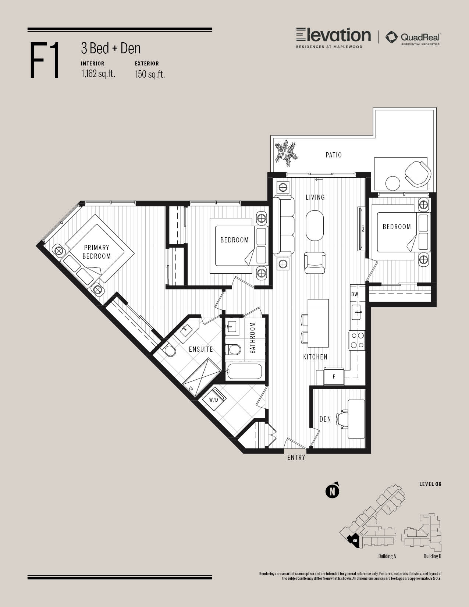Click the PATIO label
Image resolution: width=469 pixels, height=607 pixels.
click(x=334, y=155)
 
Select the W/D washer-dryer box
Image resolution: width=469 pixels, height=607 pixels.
click(x=213, y=400)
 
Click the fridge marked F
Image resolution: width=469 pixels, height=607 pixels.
click(x=334, y=377)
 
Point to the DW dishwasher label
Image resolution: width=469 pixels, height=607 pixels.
click(x=355, y=294)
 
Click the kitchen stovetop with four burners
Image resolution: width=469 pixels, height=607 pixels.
click(x=357, y=340)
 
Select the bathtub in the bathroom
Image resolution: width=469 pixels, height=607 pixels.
click(x=244, y=371)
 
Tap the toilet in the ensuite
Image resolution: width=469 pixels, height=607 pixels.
click(x=170, y=351)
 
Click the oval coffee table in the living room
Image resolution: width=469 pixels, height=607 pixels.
click(x=315, y=226)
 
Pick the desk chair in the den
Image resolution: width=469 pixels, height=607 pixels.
click(x=343, y=419)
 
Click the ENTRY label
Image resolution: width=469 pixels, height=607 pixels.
click(x=296, y=457)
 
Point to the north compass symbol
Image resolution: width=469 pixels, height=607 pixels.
click(x=333, y=491)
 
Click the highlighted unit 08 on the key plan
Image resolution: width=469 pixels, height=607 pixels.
click(x=353, y=540)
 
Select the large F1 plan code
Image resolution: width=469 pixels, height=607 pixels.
click(x=45, y=60)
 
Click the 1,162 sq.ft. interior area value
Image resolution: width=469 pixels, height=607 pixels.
click(x=98, y=74)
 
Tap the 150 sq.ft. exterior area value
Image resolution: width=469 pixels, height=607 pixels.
click(x=150, y=74)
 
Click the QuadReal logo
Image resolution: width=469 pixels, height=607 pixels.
click(x=413, y=38)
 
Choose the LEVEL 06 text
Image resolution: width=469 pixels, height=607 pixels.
click(x=430, y=484)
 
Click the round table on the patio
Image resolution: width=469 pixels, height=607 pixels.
click(x=393, y=183)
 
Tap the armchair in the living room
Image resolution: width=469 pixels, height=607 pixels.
click(x=315, y=263)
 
